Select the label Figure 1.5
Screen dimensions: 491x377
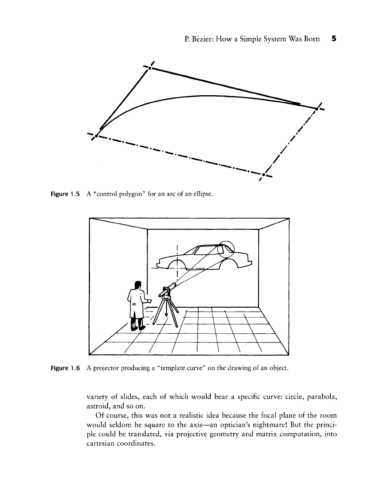click(x=65, y=194)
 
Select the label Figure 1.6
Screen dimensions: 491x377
click(x=65, y=368)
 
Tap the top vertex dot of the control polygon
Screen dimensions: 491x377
click(x=149, y=68)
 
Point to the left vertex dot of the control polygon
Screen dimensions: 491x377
click(x=96, y=136)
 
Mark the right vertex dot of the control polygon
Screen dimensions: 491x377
click(x=317, y=108)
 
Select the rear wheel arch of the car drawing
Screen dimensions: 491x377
click(x=228, y=263)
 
